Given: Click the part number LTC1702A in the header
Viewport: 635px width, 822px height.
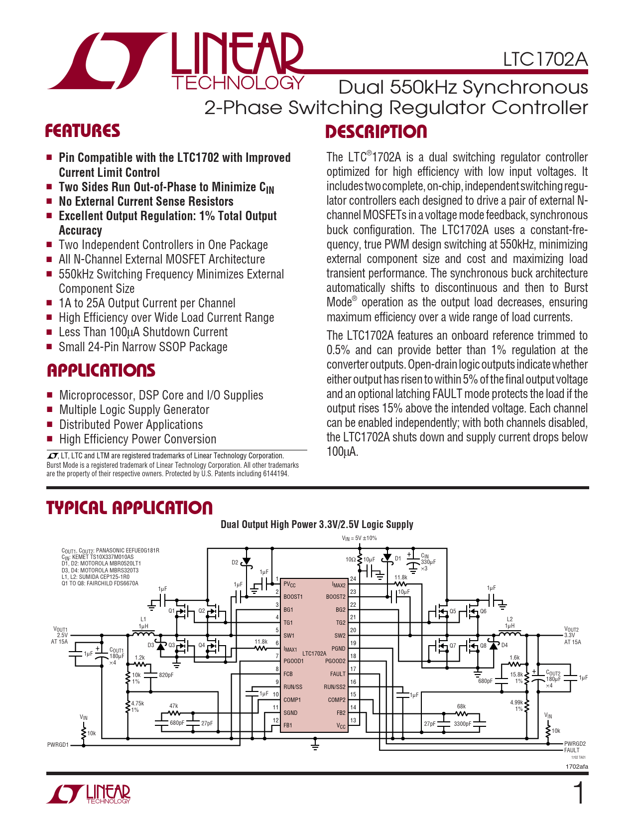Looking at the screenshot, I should tap(545, 59).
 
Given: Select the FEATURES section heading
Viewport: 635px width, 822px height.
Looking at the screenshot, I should tap(83, 131).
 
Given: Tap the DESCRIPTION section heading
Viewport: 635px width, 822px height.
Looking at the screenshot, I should tap(376, 132).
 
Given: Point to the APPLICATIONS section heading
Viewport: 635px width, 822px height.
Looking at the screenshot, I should tap(101, 371).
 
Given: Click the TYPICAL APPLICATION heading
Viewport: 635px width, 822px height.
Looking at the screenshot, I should tap(129, 508).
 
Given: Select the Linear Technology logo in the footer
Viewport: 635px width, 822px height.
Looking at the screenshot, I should tap(89, 794).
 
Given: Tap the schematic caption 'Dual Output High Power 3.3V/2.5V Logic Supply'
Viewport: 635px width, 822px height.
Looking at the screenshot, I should tap(317, 525).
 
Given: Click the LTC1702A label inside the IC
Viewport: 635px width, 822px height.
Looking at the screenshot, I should tap(314, 653).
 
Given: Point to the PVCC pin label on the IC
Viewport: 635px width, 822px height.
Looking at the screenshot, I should tap(289, 584).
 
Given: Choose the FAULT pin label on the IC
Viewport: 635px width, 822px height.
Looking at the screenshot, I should tap(338, 674).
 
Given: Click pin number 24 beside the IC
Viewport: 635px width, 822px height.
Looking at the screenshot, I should tap(353, 579).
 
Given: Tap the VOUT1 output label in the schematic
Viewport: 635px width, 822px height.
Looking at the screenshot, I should tap(60, 630).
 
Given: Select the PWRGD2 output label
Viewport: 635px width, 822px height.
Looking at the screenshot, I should tap(575, 744).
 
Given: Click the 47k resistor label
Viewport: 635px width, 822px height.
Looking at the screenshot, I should tap(174, 706).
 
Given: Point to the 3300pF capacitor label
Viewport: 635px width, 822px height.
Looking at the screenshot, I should tap(462, 724).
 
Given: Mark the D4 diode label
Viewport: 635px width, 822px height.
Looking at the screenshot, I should tap(505, 645).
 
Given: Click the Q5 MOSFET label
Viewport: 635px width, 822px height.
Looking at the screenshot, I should tap(453, 611).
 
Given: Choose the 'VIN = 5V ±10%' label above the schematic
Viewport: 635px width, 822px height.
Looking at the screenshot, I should tap(359, 538).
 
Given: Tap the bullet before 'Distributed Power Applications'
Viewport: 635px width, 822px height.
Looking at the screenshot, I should tap(49, 424).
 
